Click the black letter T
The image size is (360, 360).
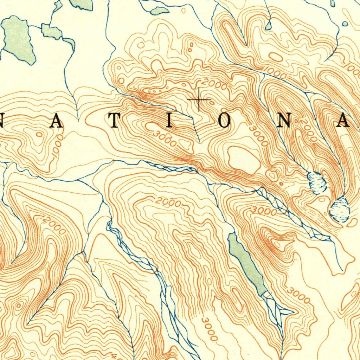[114, 122]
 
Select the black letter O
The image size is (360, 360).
[225, 122]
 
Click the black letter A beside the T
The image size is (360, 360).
[57, 122]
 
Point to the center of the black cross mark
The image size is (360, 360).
[199, 100]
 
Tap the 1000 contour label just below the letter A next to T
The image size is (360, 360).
[57, 145]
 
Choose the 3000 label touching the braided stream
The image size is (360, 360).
[264, 211]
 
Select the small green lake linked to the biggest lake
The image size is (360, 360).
[51, 32]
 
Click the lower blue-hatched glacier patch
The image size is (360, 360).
[340, 210]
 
